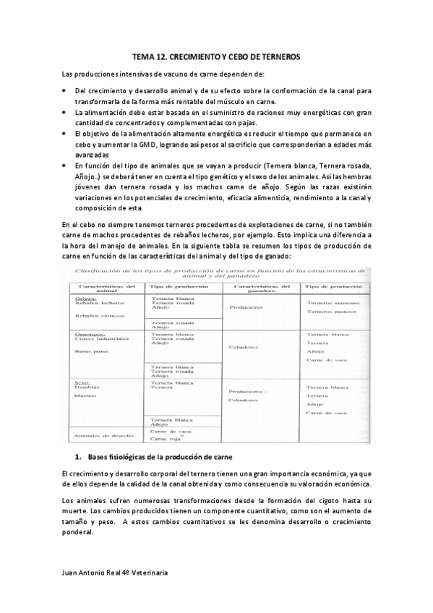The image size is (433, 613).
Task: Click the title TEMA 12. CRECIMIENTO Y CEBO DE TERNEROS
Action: point(217,56)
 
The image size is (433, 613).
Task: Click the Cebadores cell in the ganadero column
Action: point(244,347)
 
